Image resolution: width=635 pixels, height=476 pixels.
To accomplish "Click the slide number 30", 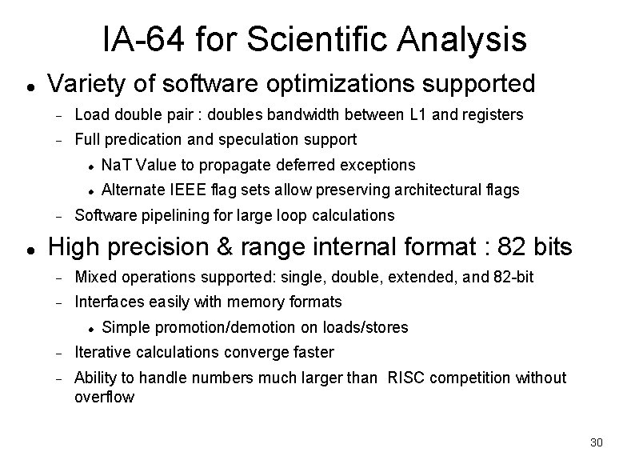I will tap(595, 442).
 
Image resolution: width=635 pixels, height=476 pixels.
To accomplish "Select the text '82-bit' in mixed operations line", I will tap(513, 277).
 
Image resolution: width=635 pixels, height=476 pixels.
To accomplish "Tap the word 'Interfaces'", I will tap(108, 302).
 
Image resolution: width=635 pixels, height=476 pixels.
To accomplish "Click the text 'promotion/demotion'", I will tap(213, 327).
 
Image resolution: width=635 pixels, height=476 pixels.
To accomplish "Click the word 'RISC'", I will tap(407, 378).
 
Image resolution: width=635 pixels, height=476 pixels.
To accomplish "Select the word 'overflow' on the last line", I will tap(104, 397).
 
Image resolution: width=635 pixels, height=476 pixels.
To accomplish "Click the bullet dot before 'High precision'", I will tap(29, 250).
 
